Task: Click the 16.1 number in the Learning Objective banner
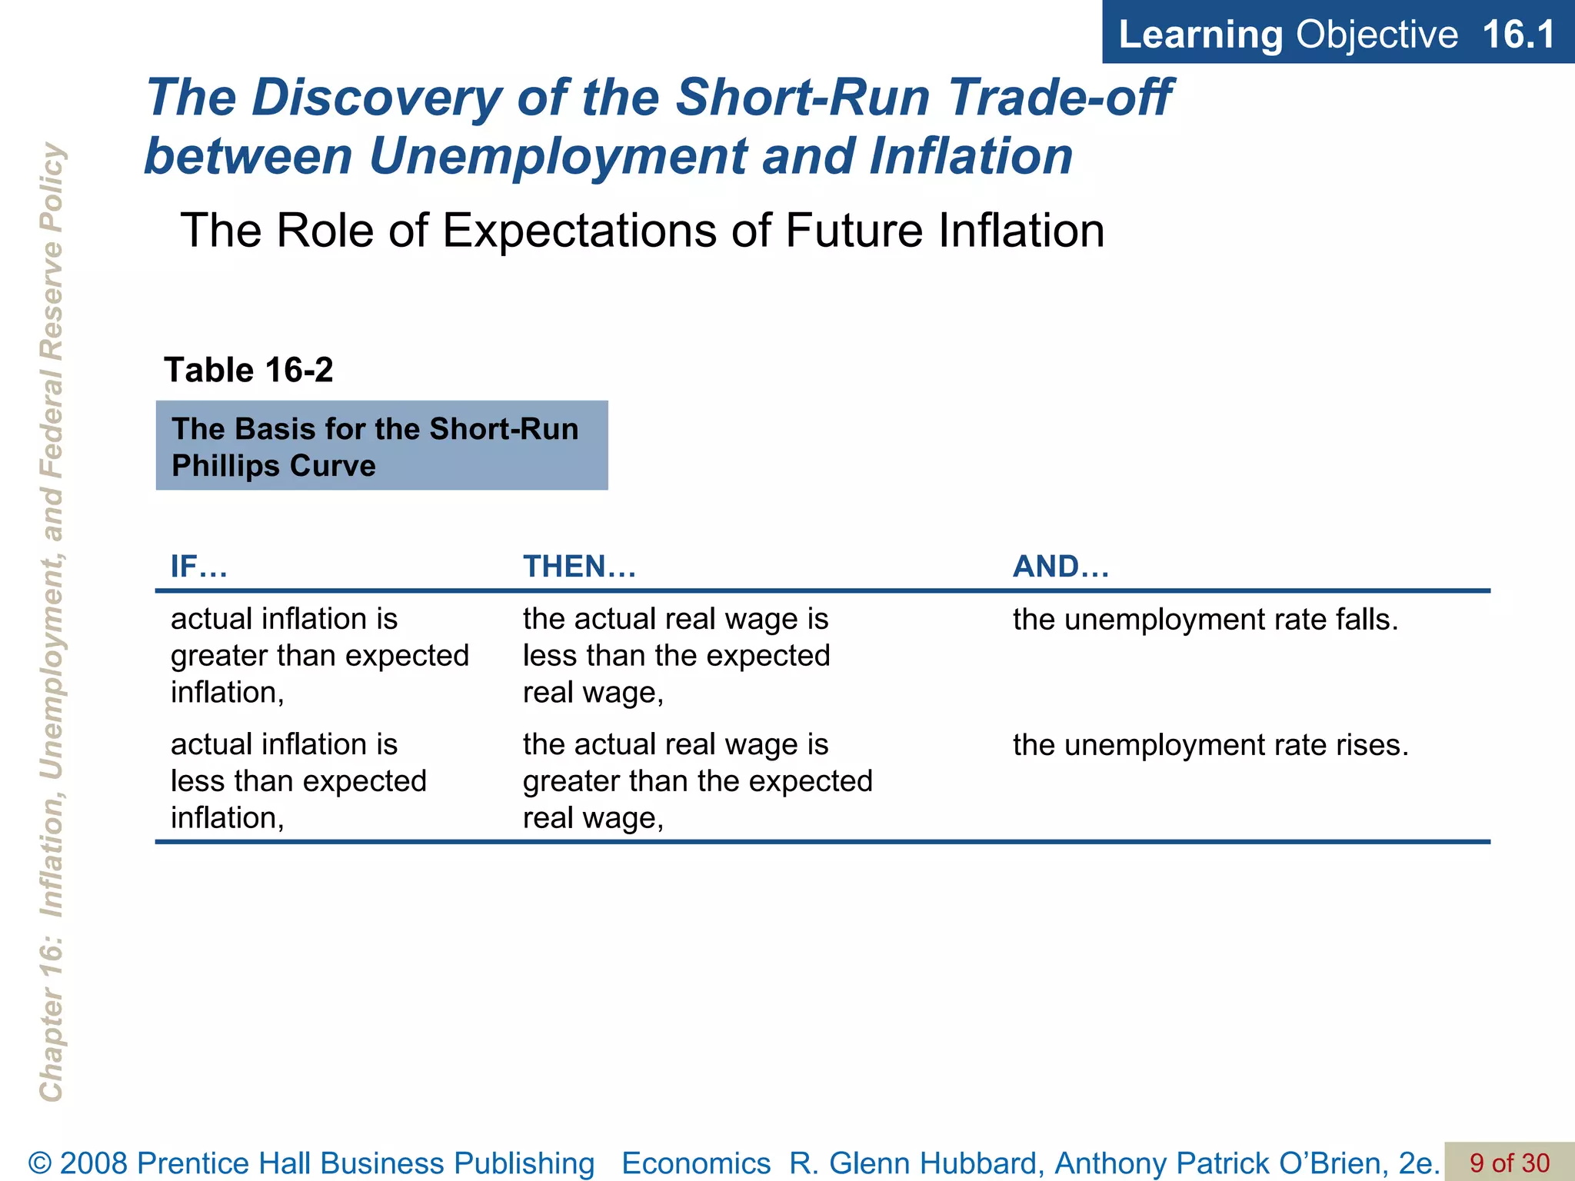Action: click(x=1517, y=35)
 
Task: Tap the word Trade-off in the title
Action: click(x=1061, y=98)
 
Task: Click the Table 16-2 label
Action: click(x=248, y=370)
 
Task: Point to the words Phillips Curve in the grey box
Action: click(x=273, y=466)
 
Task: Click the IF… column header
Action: click(x=198, y=567)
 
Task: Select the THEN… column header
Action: click(x=579, y=567)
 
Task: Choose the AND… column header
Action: click(x=1061, y=567)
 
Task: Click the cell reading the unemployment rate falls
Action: click(x=1205, y=620)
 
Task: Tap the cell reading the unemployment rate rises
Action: click(x=1210, y=745)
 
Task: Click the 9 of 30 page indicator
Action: click(x=1509, y=1163)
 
